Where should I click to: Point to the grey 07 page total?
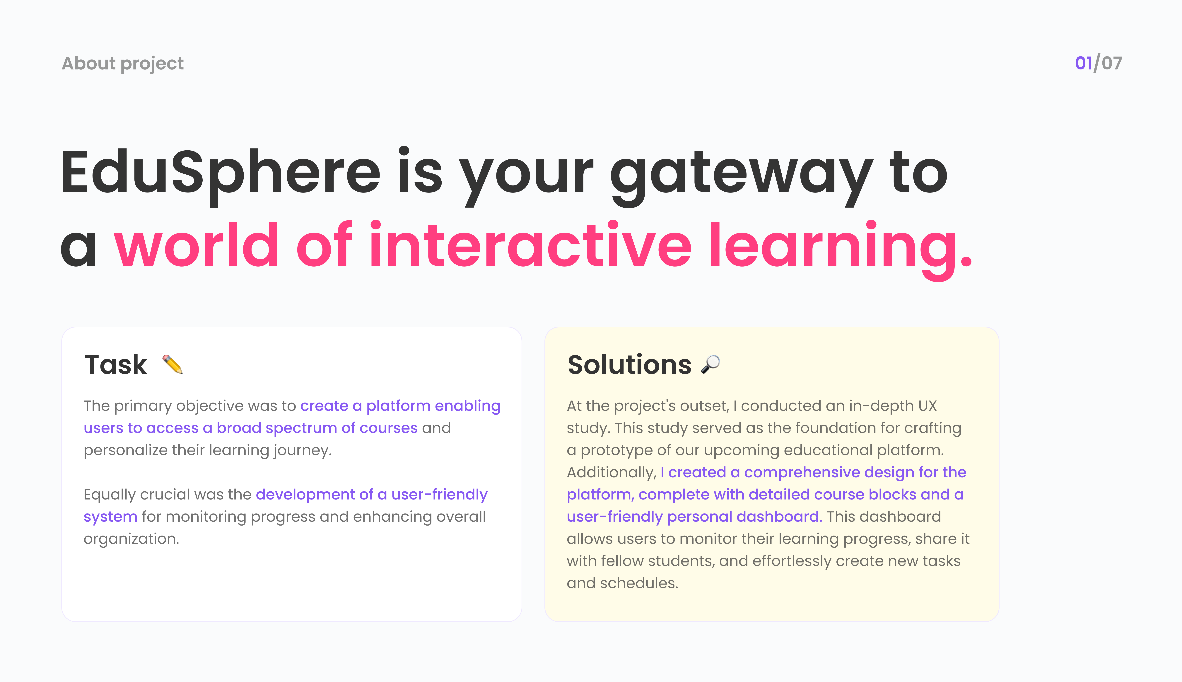(x=1112, y=63)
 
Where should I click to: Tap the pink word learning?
(x=841, y=250)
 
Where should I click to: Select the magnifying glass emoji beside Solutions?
(x=710, y=364)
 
